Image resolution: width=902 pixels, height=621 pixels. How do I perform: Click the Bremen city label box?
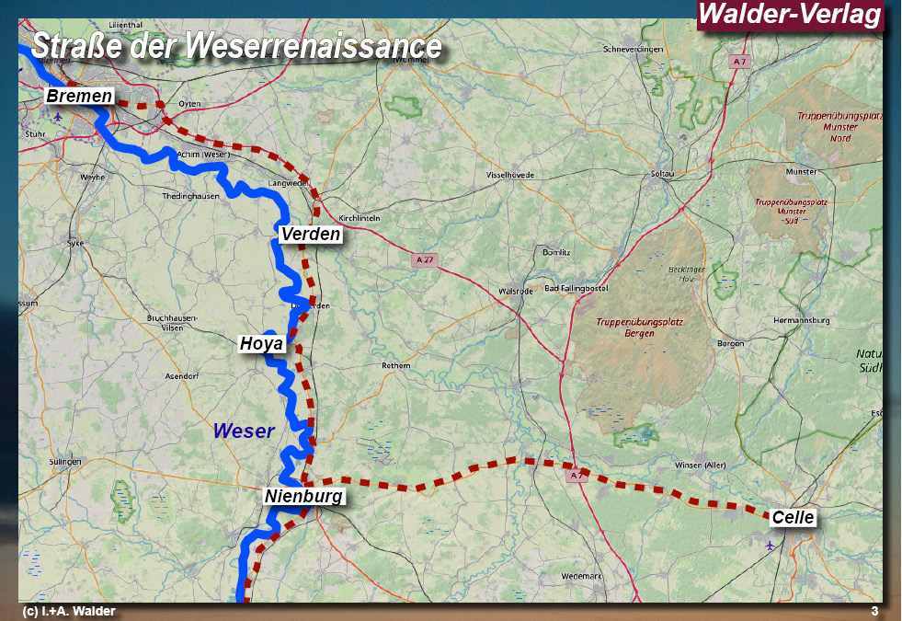tap(79, 97)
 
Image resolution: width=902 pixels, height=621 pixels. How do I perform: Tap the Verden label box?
tap(311, 235)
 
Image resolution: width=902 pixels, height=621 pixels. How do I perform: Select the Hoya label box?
tap(262, 344)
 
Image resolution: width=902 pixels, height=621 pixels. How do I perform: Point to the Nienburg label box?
tap(303, 497)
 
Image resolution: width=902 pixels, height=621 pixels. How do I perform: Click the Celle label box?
tap(793, 518)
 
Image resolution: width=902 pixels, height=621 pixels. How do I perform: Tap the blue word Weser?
tap(244, 431)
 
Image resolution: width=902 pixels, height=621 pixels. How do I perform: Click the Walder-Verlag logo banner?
tap(790, 16)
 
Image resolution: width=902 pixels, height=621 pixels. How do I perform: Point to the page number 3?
tap(874, 612)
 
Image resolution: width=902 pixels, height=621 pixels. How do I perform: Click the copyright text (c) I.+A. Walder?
tap(68, 612)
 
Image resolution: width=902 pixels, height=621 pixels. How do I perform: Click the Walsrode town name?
tap(515, 291)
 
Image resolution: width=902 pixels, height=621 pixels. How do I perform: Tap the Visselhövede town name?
tap(509, 175)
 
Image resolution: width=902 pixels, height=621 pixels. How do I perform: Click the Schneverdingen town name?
tap(633, 49)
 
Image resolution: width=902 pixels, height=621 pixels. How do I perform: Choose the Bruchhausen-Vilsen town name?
tap(172, 321)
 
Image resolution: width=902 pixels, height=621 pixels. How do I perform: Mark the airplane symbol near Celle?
tap(770, 546)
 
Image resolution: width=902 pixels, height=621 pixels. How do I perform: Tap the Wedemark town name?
tap(580, 576)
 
